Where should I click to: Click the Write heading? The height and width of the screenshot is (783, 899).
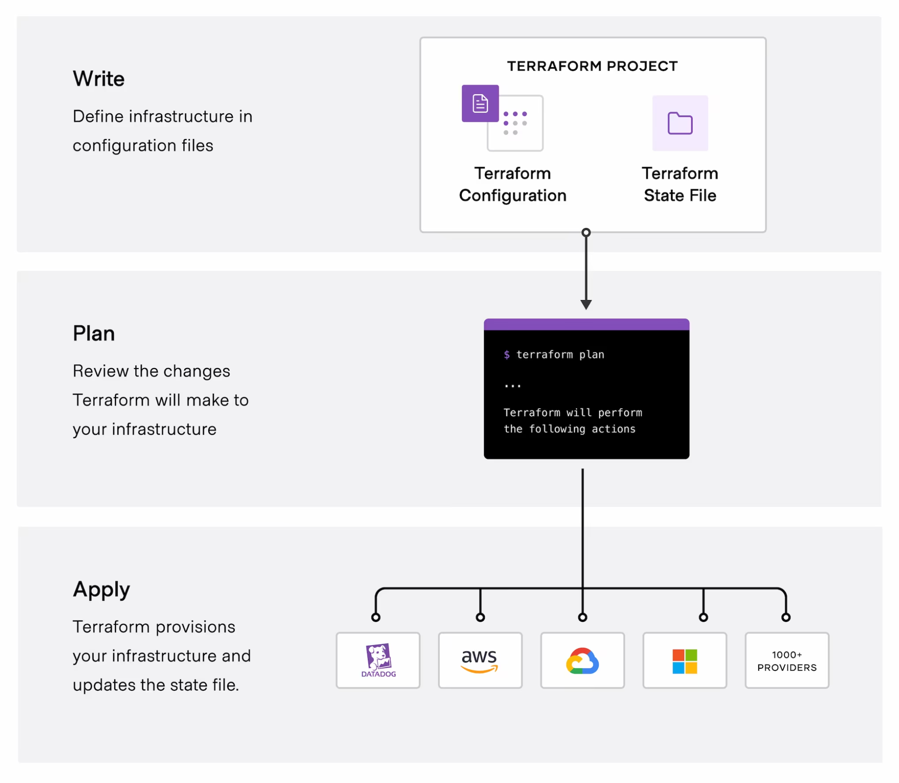point(98,79)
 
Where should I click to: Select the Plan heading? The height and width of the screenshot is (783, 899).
point(94,334)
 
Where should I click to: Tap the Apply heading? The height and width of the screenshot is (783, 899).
point(101,589)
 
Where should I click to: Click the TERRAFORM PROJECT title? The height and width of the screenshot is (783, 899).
point(592,66)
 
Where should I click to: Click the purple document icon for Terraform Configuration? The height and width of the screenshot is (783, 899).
point(480,103)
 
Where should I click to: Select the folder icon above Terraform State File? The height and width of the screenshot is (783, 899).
point(680,123)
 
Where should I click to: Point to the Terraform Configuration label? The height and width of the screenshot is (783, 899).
point(513,184)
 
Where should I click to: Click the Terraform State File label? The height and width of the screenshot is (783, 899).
point(680,184)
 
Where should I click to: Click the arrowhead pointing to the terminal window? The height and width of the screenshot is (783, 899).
point(586,305)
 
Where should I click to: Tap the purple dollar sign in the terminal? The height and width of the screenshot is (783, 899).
point(507,355)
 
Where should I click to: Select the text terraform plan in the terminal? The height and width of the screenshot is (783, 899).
point(560,355)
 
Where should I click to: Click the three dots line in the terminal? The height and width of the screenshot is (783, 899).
point(513,386)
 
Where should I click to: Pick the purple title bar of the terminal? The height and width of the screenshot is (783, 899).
point(586,324)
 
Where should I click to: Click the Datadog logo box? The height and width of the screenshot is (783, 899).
point(378,660)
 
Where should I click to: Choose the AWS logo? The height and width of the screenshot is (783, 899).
point(480,660)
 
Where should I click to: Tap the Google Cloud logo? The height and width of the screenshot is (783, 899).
point(582,661)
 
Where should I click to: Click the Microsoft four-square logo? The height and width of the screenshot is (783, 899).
point(684,661)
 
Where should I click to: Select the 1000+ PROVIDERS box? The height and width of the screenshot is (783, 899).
point(787,661)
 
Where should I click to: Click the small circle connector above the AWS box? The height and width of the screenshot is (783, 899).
point(480,617)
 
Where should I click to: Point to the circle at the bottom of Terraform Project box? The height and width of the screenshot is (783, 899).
point(586,233)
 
